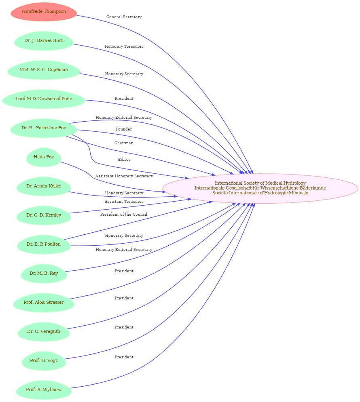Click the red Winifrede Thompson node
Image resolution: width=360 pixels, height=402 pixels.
pyautogui.click(x=44, y=12)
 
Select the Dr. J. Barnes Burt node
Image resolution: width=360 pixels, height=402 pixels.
pyautogui.click(x=44, y=40)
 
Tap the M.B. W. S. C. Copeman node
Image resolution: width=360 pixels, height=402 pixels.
pyautogui.click(x=44, y=70)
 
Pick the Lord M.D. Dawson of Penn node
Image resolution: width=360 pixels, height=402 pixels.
pyautogui.click(x=44, y=99)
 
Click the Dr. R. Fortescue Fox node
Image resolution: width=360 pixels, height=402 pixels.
pyautogui.click(x=44, y=128)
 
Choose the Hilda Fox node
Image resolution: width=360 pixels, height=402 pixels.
pyautogui.click(x=44, y=157)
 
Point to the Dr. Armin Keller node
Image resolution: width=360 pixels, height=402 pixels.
pyautogui.click(x=44, y=186)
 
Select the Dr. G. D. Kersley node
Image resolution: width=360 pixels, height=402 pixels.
pyautogui.click(x=44, y=215)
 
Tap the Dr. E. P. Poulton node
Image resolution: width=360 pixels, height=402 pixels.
pyautogui.click(x=44, y=244)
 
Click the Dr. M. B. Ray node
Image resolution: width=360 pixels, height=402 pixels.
pyautogui.click(x=44, y=273)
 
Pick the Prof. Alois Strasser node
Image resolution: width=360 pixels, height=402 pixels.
pyautogui.click(x=44, y=302)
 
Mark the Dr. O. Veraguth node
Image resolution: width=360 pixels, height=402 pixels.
pyautogui.click(x=44, y=331)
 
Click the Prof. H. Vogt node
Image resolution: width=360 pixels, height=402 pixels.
pyautogui.click(x=44, y=360)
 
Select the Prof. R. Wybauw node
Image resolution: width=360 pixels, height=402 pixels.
pyautogui.click(x=44, y=390)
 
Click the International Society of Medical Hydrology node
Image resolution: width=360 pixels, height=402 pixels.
pyautogui.click(x=260, y=188)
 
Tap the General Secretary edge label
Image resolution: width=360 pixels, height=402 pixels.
pyautogui.click(x=124, y=17)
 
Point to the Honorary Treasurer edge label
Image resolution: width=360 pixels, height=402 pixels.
pyautogui.click(x=124, y=46)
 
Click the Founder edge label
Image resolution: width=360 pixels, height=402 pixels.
pyautogui.click(x=124, y=129)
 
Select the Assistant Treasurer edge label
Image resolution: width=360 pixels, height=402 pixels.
pyautogui.click(x=124, y=202)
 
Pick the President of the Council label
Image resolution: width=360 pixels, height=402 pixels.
pyautogui.click(x=124, y=214)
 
